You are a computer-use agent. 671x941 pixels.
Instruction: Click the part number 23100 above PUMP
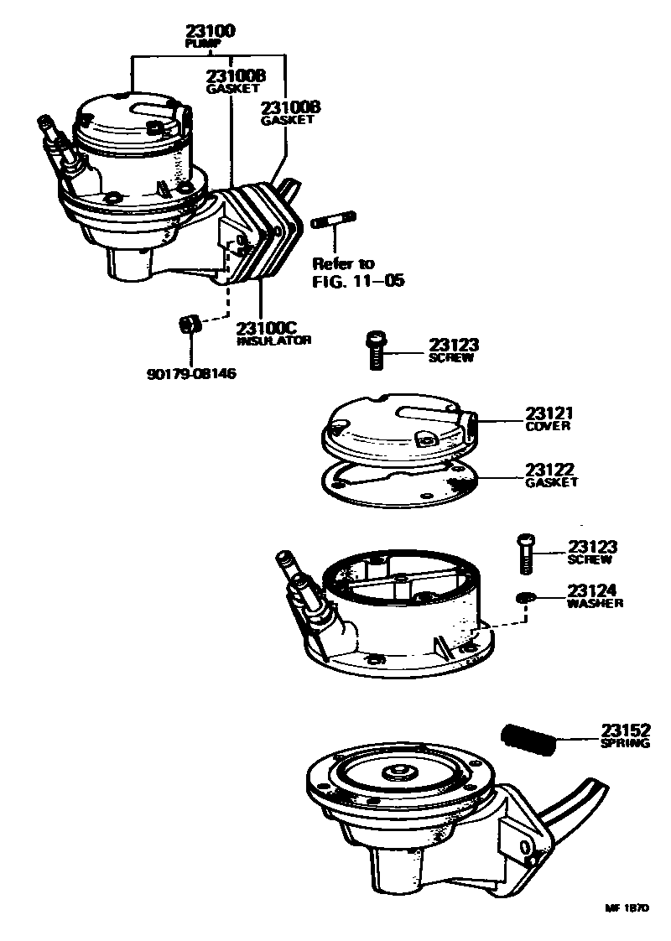pyautogui.click(x=211, y=32)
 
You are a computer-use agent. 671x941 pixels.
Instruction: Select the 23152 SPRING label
pyautogui.click(x=625, y=736)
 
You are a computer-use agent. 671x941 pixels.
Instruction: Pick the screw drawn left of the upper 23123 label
pyautogui.click(x=375, y=349)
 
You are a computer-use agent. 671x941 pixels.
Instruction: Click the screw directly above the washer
pyautogui.click(x=526, y=554)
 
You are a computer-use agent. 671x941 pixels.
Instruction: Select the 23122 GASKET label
pyautogui.click(x=552, y=475)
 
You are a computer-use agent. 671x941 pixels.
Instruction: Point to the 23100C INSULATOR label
pyautogui.click(x=273, y=333)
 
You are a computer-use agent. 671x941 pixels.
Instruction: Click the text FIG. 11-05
pyautogui.click(x=358, y=280)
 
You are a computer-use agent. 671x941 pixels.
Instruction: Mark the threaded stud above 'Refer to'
pyautogui.click(x=334, y=221)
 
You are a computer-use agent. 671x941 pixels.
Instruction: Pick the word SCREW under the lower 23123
pyautogui.click(x=590, y=559)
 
